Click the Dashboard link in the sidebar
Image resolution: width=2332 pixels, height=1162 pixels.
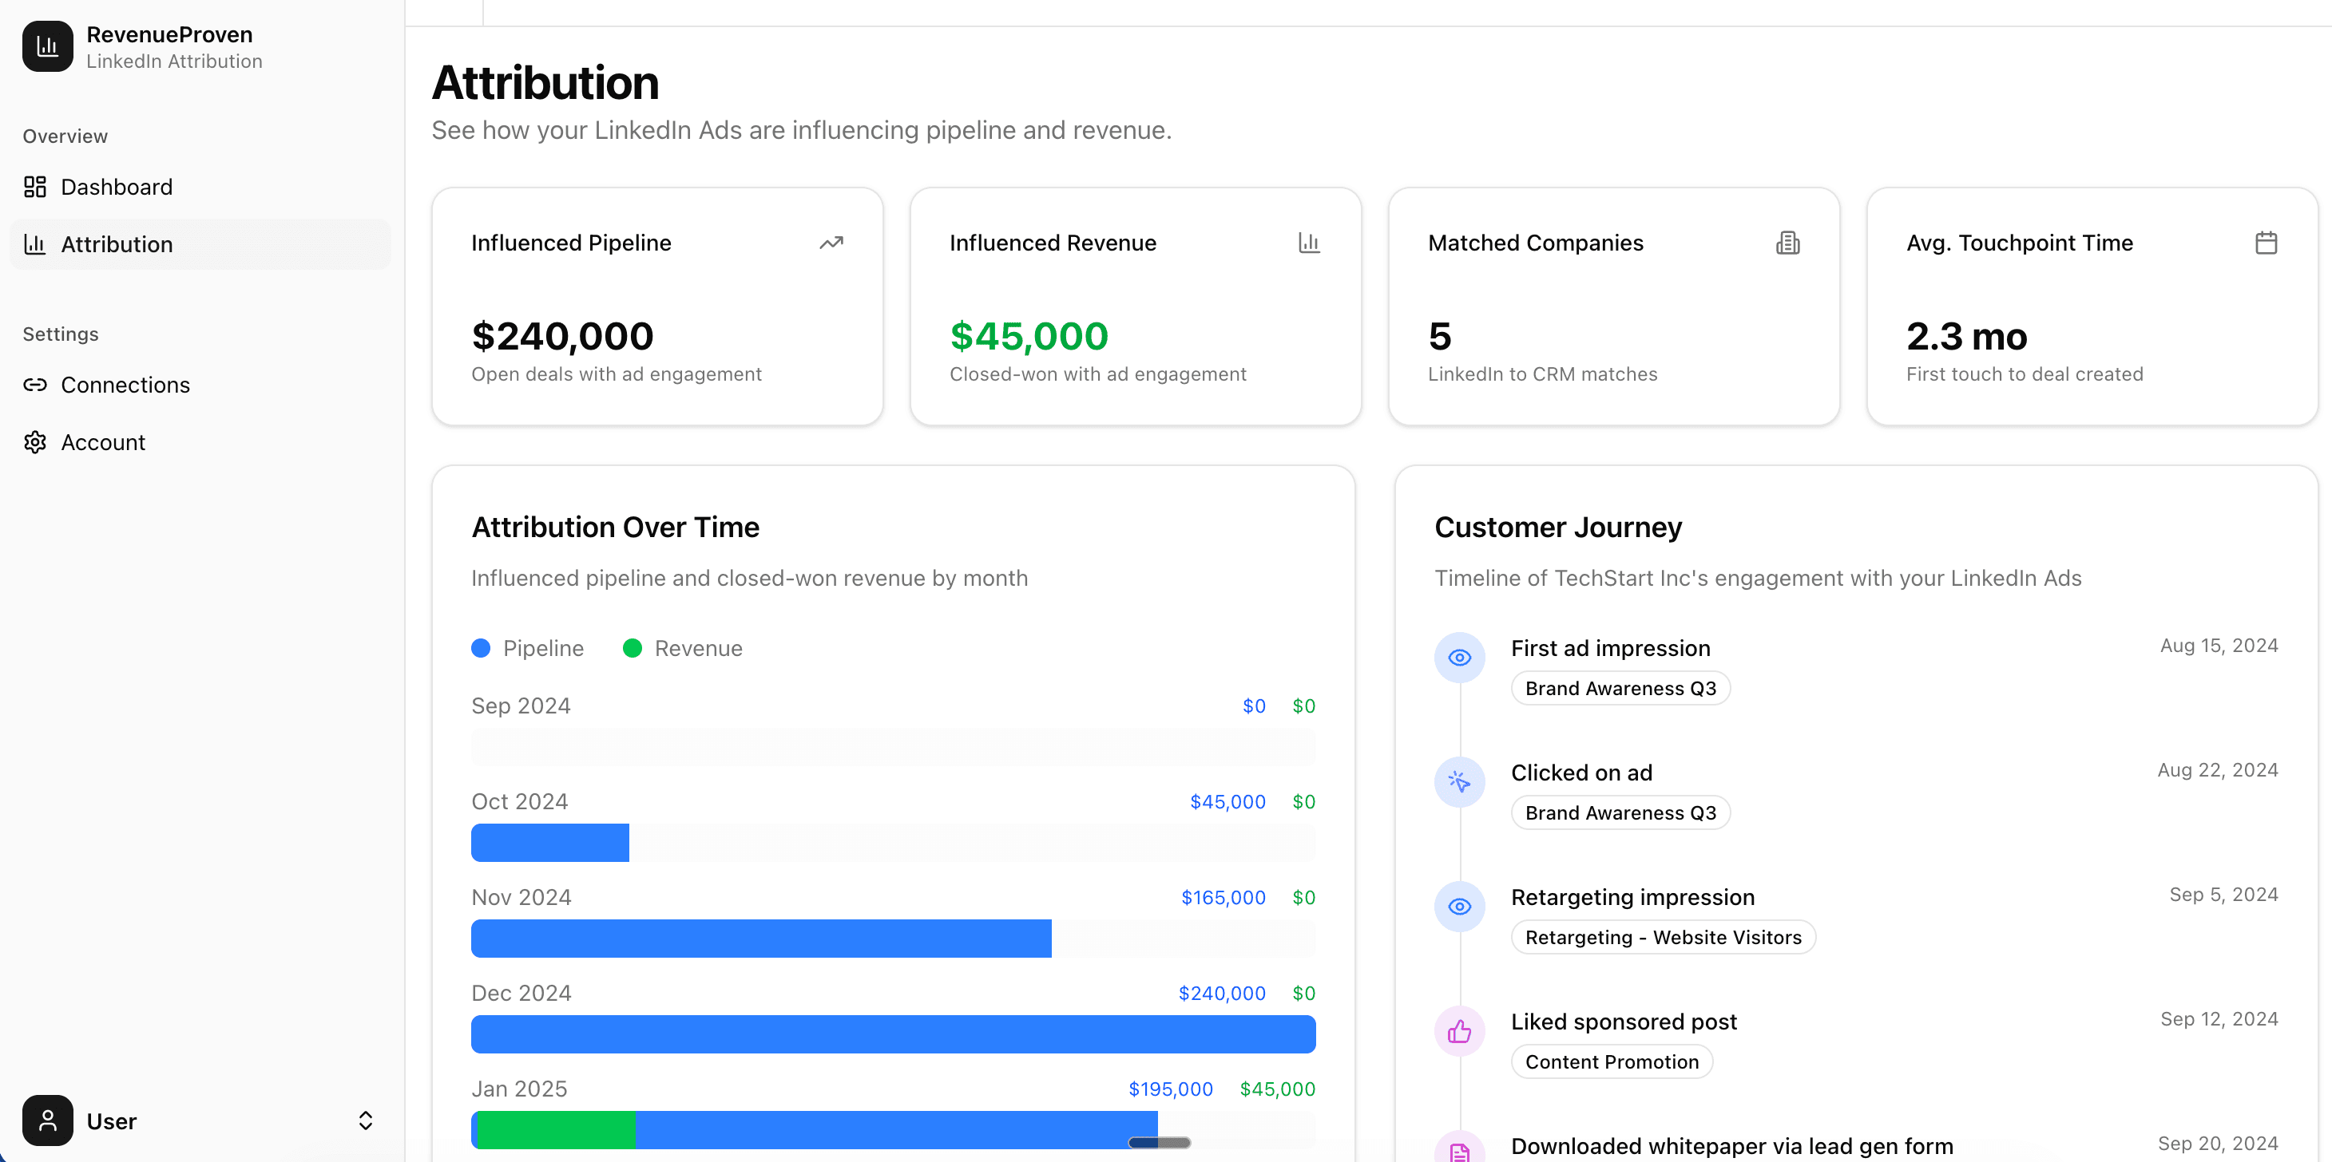click(116, 188)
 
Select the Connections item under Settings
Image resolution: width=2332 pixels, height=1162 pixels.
click(125, 385)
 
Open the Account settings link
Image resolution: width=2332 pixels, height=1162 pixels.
click(102, 443)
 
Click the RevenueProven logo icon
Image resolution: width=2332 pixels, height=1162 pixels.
click(47, 47)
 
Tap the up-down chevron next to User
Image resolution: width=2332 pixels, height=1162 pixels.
click(365, 1120)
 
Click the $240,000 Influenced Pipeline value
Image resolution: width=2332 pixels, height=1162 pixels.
click(562, 337)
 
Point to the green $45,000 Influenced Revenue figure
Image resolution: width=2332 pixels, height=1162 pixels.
click(1029, 337)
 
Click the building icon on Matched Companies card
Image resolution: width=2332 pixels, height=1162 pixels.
click(1787, 243)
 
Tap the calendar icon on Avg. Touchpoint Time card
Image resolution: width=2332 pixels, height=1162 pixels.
click(2265, 243)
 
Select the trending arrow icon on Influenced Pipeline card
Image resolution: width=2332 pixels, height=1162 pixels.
click(831, 243)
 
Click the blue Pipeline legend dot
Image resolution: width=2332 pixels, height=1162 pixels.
click(481, 648)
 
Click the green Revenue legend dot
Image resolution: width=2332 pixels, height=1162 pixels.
click(632, 648)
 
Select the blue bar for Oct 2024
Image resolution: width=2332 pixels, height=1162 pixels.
click(549, 843)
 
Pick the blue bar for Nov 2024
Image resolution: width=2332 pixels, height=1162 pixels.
click(760, 939)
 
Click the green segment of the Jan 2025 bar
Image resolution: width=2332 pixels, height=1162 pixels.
click(556, 1129)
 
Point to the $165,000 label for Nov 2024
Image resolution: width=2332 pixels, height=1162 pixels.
click(1223, 898)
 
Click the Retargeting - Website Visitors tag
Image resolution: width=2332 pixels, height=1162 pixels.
click(1663, 938)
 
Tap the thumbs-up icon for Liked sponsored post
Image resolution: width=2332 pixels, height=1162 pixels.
click(1459, 1031)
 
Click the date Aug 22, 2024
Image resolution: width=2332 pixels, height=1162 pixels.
click(2217, 770)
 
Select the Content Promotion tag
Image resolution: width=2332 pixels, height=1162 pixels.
click(1612, 1061)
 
